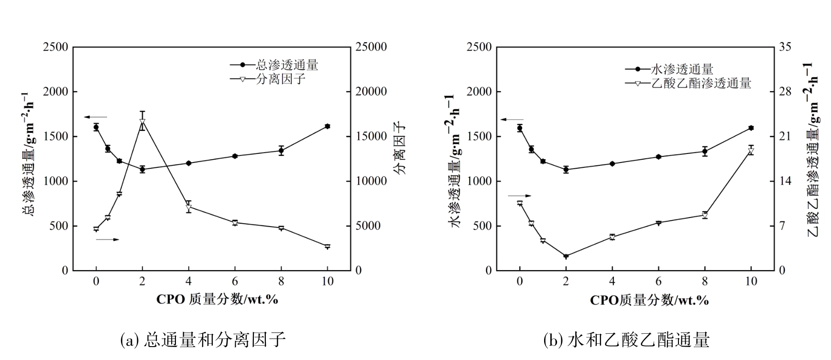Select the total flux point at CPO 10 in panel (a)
click(x=328, y=126)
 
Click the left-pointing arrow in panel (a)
click(x=96, y=117)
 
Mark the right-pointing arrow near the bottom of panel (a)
click(x=107, y=239)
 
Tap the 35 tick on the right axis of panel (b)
click(x=785, y=47)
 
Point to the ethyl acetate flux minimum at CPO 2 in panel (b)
click(x=566, y=256)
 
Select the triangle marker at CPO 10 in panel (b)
click(x=751, y=151)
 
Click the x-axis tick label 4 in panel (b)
click(x=612, y=281)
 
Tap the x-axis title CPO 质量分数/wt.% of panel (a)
click(x=217, y=300)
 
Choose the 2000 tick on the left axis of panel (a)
click(x=55, y=92)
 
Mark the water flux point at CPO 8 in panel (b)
click(x=705, y=152)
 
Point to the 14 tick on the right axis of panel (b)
click(x=785, y=181)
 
